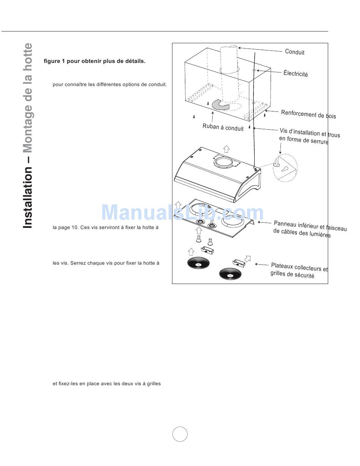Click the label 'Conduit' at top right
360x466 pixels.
[x=294, y=52]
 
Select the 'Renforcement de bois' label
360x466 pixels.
[x=308, y=114]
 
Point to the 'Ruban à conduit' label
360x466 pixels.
[x=223, y=127]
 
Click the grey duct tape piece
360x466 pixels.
[x=220, y=105]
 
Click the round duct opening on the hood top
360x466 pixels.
[x=225, y=162]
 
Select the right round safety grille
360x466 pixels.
[x=230, y=275]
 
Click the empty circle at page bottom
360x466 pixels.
[x=180, y=434]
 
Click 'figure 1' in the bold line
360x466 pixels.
[x=55, y=61]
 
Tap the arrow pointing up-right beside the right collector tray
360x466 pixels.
[x=248, y=259]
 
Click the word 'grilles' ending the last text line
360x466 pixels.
[x=153, y=384]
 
